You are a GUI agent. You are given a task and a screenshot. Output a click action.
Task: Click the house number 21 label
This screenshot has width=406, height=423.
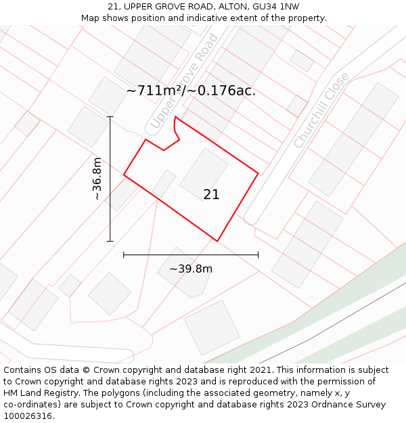(211, 194)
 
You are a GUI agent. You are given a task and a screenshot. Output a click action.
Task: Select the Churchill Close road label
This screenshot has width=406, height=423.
(321, 110)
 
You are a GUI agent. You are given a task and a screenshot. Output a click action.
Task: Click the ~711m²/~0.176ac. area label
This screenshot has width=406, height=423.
(191, 91)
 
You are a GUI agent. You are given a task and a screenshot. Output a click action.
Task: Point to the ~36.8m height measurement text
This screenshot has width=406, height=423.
(97, 179)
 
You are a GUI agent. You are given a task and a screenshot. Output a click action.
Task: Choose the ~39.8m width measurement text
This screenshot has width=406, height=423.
(191, 269)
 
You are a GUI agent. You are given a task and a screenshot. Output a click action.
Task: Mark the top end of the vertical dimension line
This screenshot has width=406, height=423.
(110, 116)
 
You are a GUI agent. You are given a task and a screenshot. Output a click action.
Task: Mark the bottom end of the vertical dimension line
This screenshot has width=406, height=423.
(110, 241)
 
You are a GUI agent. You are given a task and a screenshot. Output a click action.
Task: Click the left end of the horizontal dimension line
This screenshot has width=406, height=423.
(124, 255)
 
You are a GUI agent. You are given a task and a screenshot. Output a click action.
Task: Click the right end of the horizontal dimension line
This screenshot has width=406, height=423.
(258, 255)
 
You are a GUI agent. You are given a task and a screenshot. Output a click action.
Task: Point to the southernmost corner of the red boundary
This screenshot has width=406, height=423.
(217, 241)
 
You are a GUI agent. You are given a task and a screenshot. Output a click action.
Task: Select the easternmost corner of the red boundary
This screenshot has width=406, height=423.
(258, 173)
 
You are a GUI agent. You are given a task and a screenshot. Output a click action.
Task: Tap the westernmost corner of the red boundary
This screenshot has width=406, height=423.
(124, 175)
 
